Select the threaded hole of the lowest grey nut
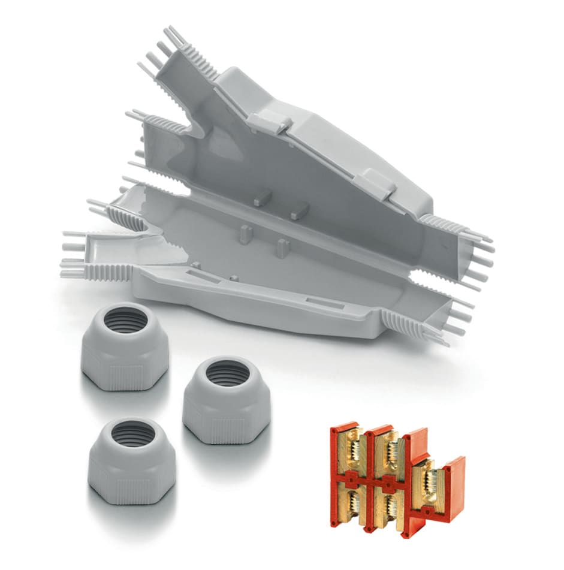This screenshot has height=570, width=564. point(131,433)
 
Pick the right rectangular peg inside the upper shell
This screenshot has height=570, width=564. point(300,210)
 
